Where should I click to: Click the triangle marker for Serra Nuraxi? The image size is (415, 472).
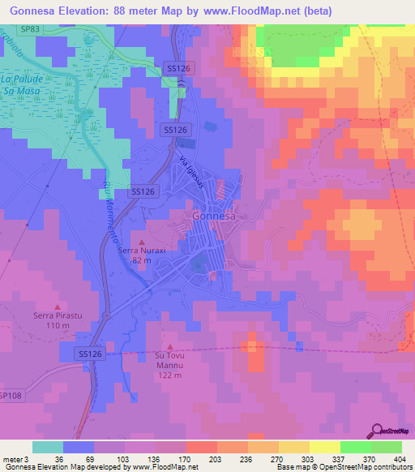[x=143, y=242]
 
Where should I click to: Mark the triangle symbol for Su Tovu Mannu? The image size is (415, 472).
[x=169, y=345]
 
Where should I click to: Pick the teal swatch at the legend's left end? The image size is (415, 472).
[x=47, y=447]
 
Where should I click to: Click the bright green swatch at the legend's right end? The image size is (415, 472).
[x=387, y=447]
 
